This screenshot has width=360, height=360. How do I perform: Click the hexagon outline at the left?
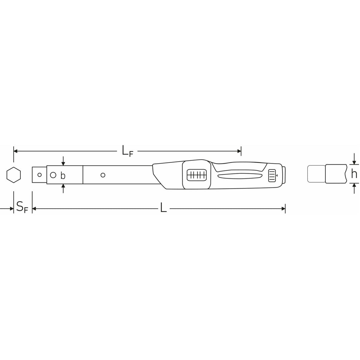pyautogui.click(x=14, y=175)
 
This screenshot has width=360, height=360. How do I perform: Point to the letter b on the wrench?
pyautogui.click(x=63, y=176)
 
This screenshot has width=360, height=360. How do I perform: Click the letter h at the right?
pyautogui.click(x=354, y=174)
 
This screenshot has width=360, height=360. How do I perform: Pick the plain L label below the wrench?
pyautogui.click(x=163, y=208)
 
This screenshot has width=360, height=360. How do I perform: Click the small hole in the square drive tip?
pyautogui.click(x=39, y=175)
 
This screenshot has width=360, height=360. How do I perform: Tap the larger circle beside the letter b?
pyautogui.click(x=53, y=175)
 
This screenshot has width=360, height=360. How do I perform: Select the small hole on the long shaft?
pyautogui.click(x=103, y=175)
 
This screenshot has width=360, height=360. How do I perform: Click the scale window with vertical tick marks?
pyautogui.click(x=197, y=175)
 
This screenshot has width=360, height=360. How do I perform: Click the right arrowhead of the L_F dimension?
pyautogui.click(x=239, y=151)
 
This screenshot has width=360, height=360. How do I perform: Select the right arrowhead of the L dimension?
pyautogui.click(x=283, y=209)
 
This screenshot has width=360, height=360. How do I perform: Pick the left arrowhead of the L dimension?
pyautogui.click(x=34, y=209)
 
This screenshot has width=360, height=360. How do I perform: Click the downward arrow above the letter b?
pyautogui.click(x=63, y=163)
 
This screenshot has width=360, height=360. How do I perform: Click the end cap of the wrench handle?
pyautogui.click(x=283, y=174)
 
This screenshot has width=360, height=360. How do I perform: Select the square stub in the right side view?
pyautogui.click(x=316, y=174)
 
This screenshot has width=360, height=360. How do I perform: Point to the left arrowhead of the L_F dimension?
pyautogui.click(x=15, y=151)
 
